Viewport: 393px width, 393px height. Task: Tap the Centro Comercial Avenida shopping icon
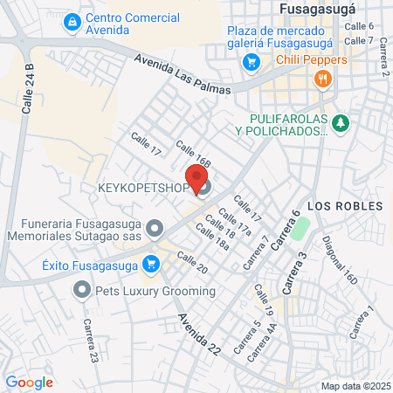point(73,21)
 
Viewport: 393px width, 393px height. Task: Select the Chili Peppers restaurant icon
point(323,79)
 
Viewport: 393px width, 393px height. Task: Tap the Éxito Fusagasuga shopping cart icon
point(154,261)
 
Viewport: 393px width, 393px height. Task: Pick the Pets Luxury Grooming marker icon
point(83,288)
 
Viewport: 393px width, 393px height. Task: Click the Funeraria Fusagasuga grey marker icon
point(155,229)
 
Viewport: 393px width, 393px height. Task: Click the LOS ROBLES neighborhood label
point(346,206)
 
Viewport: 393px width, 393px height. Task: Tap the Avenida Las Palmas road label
point(183,74)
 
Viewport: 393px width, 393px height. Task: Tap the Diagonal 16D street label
point(339,261)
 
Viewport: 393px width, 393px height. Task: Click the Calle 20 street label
point(192,262)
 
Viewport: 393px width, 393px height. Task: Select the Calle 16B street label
point(193,154)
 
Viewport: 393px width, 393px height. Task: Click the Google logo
point(29,382)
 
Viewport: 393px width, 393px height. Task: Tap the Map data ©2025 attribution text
point(355,385)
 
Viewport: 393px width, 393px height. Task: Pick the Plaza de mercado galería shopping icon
point(252,62)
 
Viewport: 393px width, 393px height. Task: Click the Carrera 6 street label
point(285,231)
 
